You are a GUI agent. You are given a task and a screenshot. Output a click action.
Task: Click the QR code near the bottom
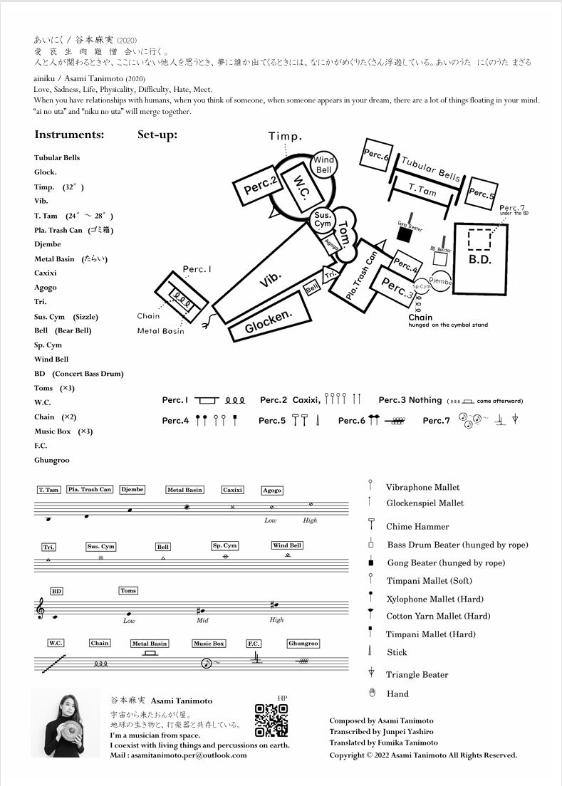point(271,720)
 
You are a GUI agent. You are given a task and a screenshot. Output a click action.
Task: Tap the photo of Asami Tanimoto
point(66,722)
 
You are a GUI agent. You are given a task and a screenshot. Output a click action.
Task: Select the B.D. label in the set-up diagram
point(480,261)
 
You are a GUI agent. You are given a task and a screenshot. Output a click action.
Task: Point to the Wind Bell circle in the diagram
point(324,165)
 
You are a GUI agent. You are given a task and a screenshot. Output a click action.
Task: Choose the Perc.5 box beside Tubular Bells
point(482,193)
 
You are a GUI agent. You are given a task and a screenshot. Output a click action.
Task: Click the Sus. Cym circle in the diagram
point(323,219)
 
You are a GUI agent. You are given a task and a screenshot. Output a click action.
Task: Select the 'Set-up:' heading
point(157,135)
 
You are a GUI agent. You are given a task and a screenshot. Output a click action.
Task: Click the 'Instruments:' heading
point(69,135)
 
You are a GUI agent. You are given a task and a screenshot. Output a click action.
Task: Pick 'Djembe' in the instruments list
point(48,244)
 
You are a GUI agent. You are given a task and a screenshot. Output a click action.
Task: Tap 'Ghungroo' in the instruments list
point(52,460)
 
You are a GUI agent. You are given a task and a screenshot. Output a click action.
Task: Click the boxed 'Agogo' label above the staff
point(272,490)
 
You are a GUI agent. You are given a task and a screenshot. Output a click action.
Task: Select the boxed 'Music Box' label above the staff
point(209,644)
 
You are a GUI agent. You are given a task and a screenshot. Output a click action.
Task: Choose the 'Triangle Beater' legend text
point(417,674)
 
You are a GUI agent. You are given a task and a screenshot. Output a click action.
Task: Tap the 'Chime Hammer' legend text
point(417,526)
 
